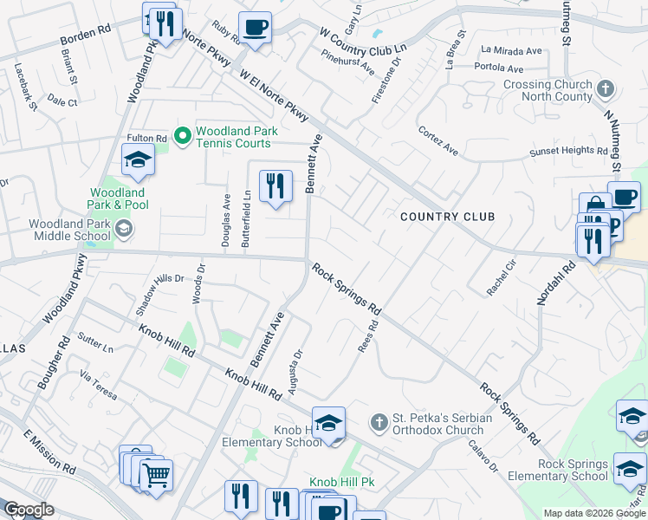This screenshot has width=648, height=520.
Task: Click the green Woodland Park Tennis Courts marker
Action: pyautogui.click(x=183, y=136)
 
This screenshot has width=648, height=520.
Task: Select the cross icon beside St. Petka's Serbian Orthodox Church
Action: pyautogui.click(x=378, y=423)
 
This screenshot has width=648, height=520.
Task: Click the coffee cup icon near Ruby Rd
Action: pyautogui.click(x=255, y=27)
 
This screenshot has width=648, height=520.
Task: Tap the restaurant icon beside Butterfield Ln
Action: pyautogui.click(x=275, y=185)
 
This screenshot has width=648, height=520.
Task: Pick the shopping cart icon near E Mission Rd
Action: pyautogui.click(x=156, y=474)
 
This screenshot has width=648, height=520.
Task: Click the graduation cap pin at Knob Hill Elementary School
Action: pyautogui.click(x=328, y=423)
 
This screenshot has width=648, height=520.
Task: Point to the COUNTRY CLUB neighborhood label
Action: pyautogui.click(x=447, y=217)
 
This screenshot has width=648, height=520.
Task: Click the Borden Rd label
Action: pyautogui.click(x=86, y=41)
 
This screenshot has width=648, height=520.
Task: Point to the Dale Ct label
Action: pyautogui.click(x=63, y=102)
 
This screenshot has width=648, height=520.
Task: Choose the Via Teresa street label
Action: pyautogui.click(x=98, y=386)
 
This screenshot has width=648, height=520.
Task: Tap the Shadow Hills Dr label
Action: pyautogui.click(x=159, y=279)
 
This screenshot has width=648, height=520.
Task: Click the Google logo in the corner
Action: pyautogui.click(x=29, y=509)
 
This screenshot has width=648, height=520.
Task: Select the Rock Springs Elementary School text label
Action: pyautogui.click(x=573, y=470)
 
